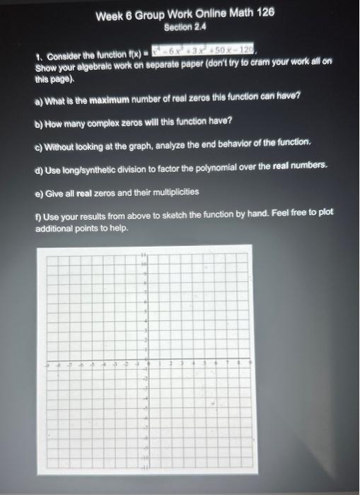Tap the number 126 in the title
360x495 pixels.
click(263, 14)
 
